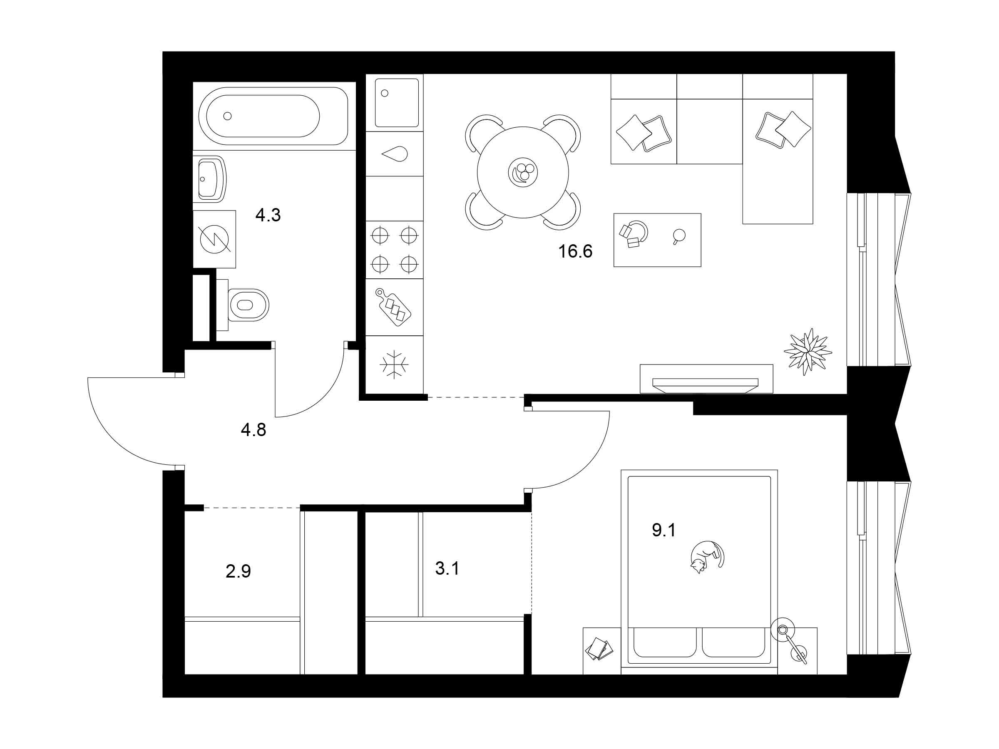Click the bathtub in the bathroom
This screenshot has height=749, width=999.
(x=273, y=116)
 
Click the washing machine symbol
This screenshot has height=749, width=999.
(x=214, y=239)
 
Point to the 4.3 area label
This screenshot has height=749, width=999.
(x=268, y=216)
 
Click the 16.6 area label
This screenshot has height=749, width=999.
(x=575, y=251)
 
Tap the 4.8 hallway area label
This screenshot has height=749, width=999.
(x=253, y=430)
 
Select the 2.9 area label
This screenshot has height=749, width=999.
(x=238, y=572)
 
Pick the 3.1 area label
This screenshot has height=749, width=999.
(x=447, y=569)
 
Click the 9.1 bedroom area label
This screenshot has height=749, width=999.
(x=664, y=531)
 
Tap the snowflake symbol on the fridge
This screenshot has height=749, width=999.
(x=394, y=365)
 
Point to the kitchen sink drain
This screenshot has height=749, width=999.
(x=385, y=94)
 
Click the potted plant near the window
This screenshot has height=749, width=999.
(x=808, y=352)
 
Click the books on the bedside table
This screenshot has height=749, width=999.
(x=599, y=649)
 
